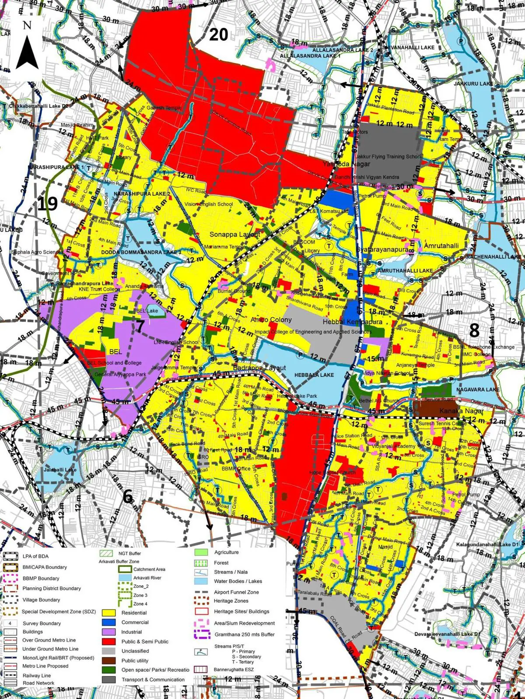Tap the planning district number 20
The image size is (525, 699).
[x=218, y=35]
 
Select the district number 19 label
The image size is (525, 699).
[x=47, y=204]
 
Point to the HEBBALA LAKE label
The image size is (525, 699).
[x=314, y=375]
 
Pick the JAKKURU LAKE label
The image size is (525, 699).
[x=473, y=84]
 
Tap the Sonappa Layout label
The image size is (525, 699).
[x=234, y=235]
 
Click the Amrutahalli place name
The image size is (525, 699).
[x=441, y=246]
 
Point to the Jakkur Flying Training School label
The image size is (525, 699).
[x=388, y=156]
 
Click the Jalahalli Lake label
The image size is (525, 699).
[x=60, y=470]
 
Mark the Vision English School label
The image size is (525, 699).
[x=209, y=204]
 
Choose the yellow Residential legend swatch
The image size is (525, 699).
[x=108, y=613]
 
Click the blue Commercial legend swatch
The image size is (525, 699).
[x=108, y=622]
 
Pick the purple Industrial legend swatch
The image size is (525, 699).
[x=108, y=632]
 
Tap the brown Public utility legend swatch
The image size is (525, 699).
[x=108, y=660]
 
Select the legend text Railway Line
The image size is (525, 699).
[x=37, y=675]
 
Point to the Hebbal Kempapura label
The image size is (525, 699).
[x=352, y=322]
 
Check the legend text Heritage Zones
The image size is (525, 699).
[x=231, y=601]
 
